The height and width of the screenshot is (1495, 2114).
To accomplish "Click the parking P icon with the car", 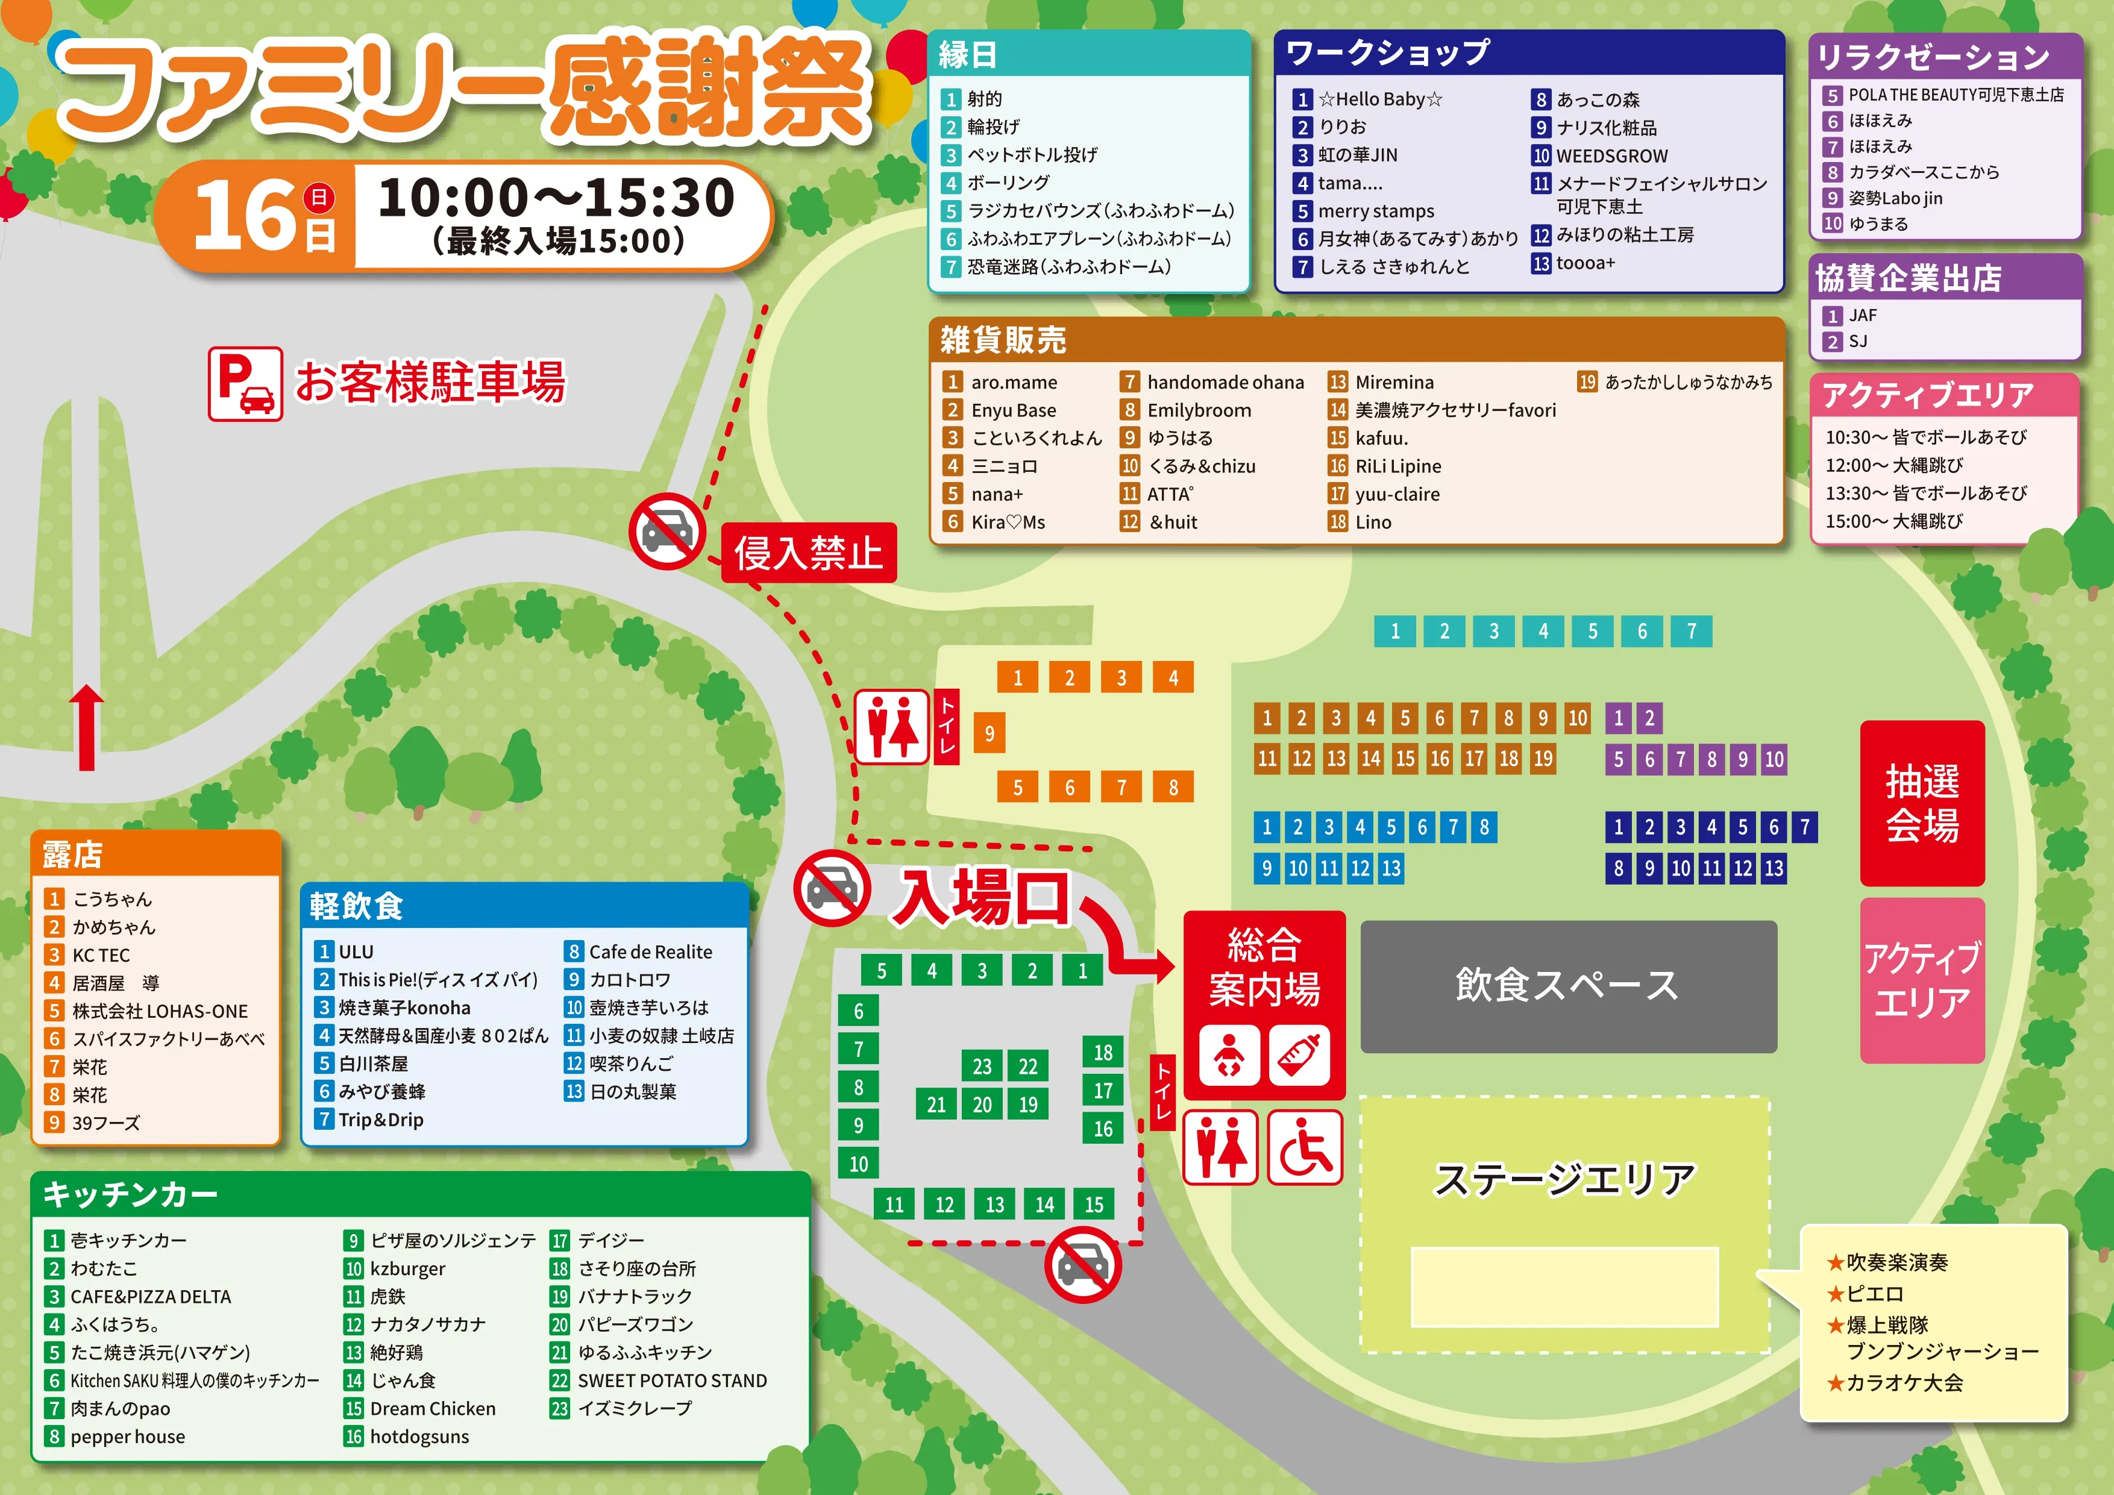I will [x=245, y=383].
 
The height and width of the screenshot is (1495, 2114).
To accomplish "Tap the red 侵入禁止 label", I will [x=808, y=553].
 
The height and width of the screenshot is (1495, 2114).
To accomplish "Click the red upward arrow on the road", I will [x=87, y=727].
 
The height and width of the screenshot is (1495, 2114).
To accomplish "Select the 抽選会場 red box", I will [x=1922, y=803].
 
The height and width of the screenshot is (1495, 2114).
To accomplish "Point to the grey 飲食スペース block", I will [x=1568, y=986].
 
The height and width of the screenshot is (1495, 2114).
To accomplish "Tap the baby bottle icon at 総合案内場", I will [x=1299, y=1055].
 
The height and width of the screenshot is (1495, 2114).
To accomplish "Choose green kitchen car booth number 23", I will [x=982, y=1066].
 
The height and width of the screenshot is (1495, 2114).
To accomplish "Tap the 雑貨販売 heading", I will [x=1003, y=340].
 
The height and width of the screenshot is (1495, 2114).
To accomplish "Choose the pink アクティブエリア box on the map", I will [x=1922, y=980].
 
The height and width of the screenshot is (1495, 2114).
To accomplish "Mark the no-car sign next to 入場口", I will [x=832, y=888].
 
